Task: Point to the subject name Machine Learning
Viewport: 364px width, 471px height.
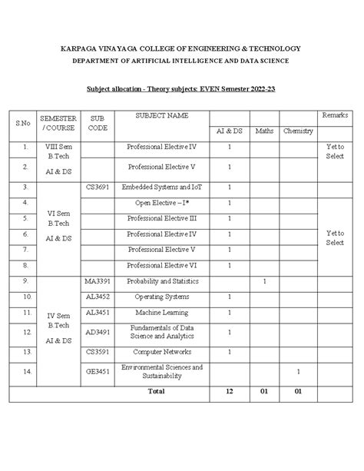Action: click(x=161, y=313)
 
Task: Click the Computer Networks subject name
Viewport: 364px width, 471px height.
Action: click(x=161, y=352)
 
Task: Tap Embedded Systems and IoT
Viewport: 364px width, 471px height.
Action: click(x=161, y=187)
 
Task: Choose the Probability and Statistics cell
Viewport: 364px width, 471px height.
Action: click(x=161, y=282)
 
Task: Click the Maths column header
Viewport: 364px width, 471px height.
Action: click(x=264, y=131)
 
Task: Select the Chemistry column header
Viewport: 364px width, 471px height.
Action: click(x=298, y=131)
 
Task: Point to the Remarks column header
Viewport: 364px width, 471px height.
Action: click(x=335, y=115)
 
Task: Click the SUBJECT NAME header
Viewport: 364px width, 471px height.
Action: click(x=162, y=115)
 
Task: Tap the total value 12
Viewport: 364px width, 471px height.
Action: click(x=229, y=391)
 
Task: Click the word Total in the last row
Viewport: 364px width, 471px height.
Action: click(x=157, y=391)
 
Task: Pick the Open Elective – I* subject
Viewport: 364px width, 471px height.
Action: click(x=161, y=203)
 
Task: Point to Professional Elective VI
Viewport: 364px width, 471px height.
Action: click(x=161, y=265)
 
